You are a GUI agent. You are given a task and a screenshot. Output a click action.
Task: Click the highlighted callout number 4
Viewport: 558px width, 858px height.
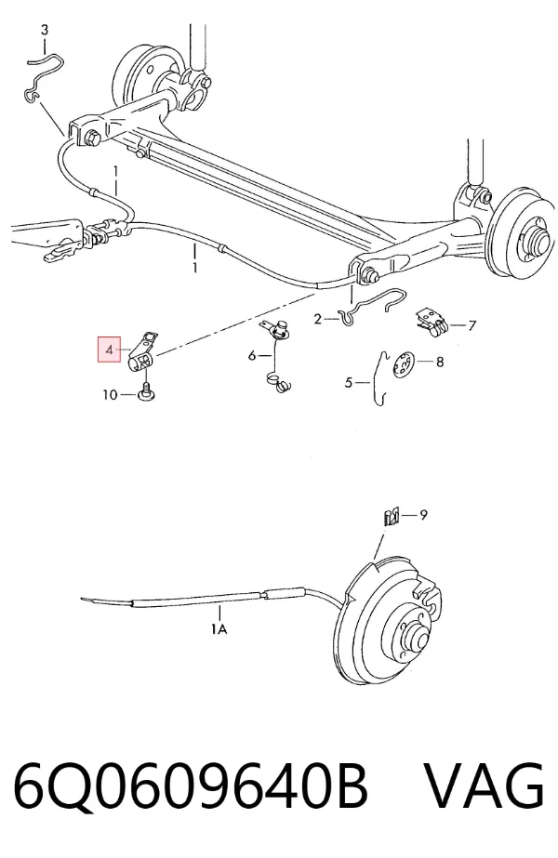tap(110, 350)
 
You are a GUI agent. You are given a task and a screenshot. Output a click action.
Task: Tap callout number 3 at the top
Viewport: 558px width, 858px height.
tap(45, 30)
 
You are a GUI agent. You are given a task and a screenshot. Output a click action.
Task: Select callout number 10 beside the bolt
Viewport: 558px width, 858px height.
tap(110, 394)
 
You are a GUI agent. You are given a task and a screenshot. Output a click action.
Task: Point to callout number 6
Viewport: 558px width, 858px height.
tap(252, 356)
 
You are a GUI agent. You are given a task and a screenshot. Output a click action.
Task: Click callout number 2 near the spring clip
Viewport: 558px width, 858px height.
tap(318, 319)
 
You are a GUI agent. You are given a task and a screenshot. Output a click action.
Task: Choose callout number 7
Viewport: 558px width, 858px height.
tap(472, 325)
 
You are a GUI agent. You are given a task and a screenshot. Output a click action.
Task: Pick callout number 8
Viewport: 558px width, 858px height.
tap(440, 362)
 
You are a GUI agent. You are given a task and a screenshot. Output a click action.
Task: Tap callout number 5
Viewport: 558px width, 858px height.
tap(349, 382)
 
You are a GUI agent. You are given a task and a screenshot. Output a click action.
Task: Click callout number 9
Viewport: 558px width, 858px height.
tap(423, 514)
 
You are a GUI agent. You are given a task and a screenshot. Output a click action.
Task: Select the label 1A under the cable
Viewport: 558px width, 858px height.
tap(219, 629)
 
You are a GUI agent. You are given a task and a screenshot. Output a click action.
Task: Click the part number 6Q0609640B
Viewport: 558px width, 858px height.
tap(190, 785)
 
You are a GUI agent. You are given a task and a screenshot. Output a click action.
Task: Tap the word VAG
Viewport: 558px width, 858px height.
tap(485, 785)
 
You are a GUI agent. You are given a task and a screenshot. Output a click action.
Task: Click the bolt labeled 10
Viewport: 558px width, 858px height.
tap(146, 391)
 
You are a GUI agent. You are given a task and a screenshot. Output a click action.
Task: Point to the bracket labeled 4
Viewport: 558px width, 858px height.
tap(143, 353)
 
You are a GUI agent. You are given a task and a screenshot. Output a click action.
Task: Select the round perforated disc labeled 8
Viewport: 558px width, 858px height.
tap(405, 364)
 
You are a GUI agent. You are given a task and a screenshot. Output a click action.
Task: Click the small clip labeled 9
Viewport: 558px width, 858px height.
tap(391, 516)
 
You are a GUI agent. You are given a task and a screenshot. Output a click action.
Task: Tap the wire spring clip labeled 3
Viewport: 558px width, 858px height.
tap(45, 75)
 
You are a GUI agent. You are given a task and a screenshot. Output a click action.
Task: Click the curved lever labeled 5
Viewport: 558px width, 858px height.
tap(379, 378)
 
